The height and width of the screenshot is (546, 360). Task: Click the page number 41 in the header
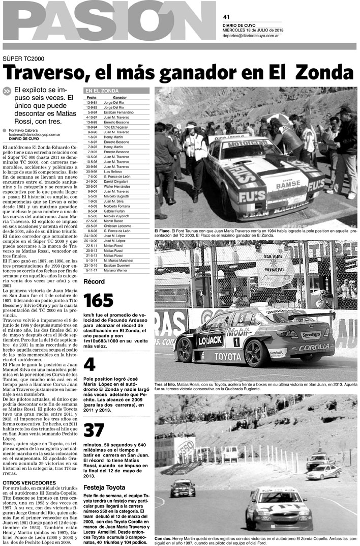(226, 16)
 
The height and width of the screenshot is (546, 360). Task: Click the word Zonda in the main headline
(324, 73)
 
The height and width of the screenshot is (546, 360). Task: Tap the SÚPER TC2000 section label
(23, 59)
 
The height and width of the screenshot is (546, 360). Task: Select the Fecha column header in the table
(92, 97)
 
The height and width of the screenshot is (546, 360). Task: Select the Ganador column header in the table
(120, 97)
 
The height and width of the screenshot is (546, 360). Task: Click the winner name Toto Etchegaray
(117, 127)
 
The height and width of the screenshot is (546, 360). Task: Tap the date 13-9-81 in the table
(92, 103)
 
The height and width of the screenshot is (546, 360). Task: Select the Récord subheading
(94, 281)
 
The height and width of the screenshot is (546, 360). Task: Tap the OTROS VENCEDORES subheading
(26, 482)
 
